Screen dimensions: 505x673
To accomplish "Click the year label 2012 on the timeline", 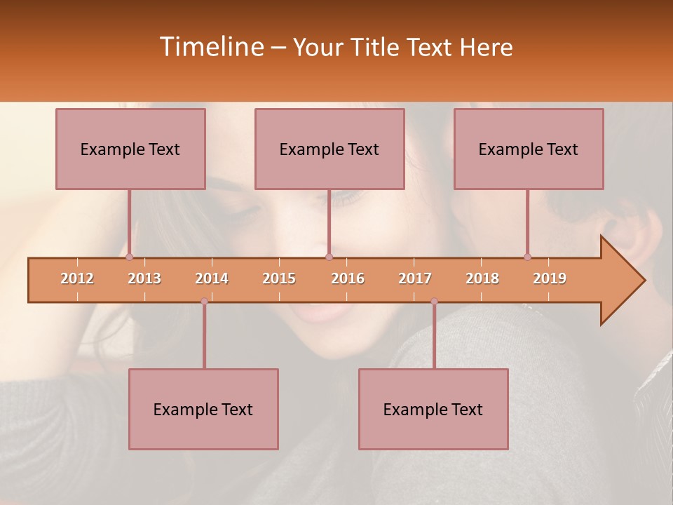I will click(77, 278).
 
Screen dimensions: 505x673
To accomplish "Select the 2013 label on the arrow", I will click(144, 278).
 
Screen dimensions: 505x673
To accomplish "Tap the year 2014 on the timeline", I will click(212, 278).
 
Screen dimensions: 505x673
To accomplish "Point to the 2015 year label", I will click(279, 278).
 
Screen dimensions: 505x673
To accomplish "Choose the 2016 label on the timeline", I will click(348, 278).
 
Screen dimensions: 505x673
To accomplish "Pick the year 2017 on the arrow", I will click(415, 278).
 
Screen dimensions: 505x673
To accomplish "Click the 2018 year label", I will click(482, 278).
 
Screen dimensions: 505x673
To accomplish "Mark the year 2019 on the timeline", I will click(550, 278).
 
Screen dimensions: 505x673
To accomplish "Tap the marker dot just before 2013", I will click(130, 257).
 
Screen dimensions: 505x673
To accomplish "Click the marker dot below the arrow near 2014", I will click(204, 302).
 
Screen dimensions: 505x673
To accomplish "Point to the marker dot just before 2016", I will click(329, 257).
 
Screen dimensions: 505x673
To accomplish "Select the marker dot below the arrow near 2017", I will click(434, 302).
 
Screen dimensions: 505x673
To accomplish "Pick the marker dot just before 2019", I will click(528, 257).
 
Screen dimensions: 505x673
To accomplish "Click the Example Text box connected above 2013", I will click(130, 149).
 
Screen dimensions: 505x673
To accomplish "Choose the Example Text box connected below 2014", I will click(203, 409).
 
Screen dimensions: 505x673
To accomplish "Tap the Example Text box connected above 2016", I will click(329, 149).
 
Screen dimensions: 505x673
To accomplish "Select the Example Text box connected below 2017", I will click(433, 409).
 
